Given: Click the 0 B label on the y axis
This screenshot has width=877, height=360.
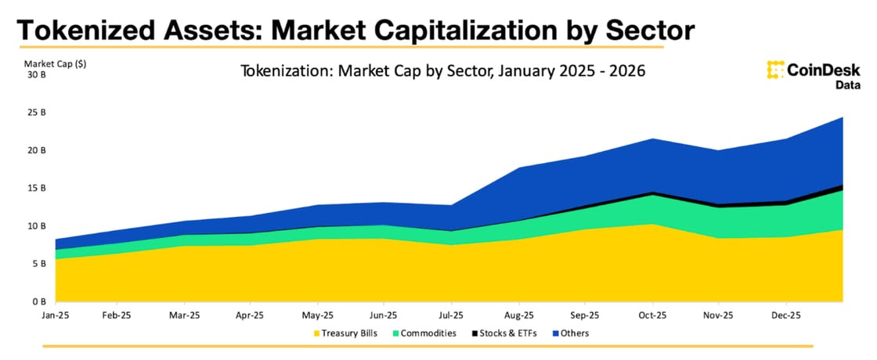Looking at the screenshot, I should coord(38,301).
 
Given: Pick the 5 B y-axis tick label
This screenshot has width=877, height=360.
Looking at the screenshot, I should coord(38,264).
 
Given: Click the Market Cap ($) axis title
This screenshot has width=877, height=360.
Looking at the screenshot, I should coord(55,63).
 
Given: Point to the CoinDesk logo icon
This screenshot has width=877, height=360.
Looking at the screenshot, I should coord(776,70).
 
